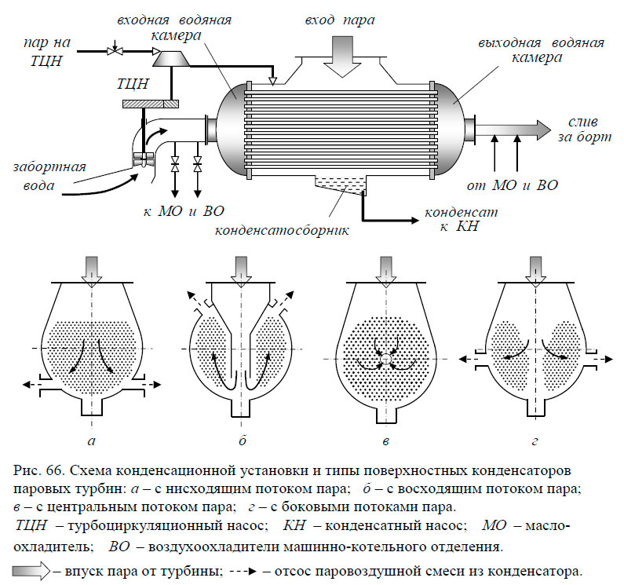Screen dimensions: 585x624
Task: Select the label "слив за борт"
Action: click(x=583, y=130)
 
